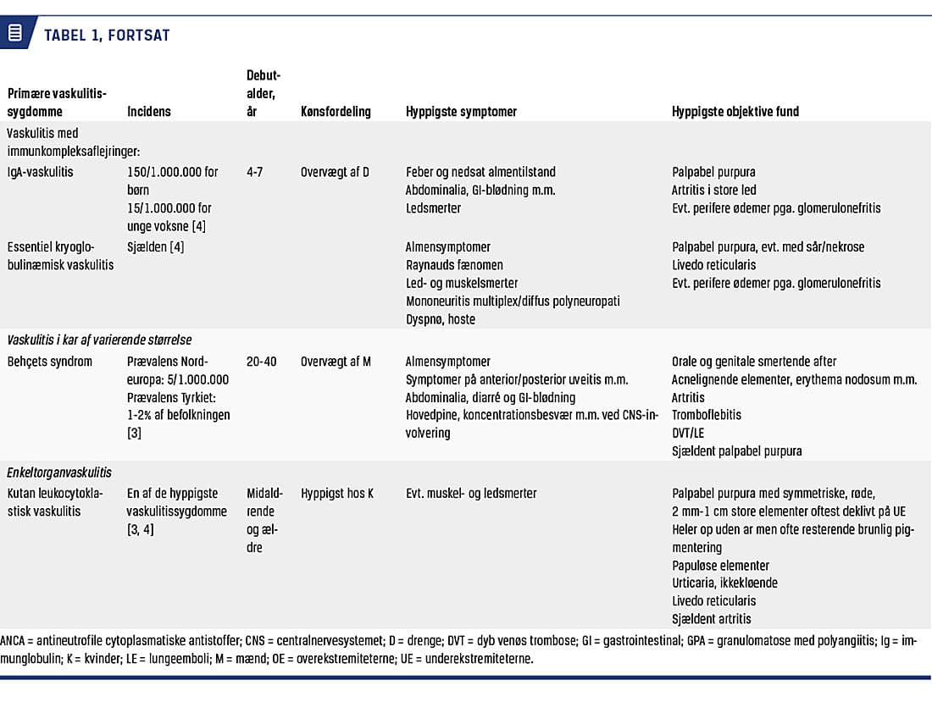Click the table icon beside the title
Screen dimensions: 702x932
coord(15,34)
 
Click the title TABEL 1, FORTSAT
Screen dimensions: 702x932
coord(107,35)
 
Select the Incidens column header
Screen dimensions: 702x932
coord(149,111)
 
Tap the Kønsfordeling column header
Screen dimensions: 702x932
coord(336,111)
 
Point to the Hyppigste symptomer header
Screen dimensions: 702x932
coord(461,111)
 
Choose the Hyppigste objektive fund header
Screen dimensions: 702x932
coord(735,111)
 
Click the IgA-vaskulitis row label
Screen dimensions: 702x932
coord(40,172)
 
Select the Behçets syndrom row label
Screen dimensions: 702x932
coord(49,362)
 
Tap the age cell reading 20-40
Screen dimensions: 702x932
coord(262,362)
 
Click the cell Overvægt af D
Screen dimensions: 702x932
coord(335,172)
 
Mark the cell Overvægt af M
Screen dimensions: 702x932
coord(336,362)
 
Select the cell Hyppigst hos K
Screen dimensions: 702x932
coord(337,493)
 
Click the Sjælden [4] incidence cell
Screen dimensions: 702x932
coord(156,247)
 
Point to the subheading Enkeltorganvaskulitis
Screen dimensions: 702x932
coord(59,473)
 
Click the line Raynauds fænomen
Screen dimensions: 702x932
coord(454,265)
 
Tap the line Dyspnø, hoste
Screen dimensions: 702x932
coord(441,319)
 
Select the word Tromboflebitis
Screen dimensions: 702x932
coord(707,415)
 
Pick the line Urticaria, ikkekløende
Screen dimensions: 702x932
coord(724,583)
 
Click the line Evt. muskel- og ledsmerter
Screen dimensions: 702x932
coord(471,493)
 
